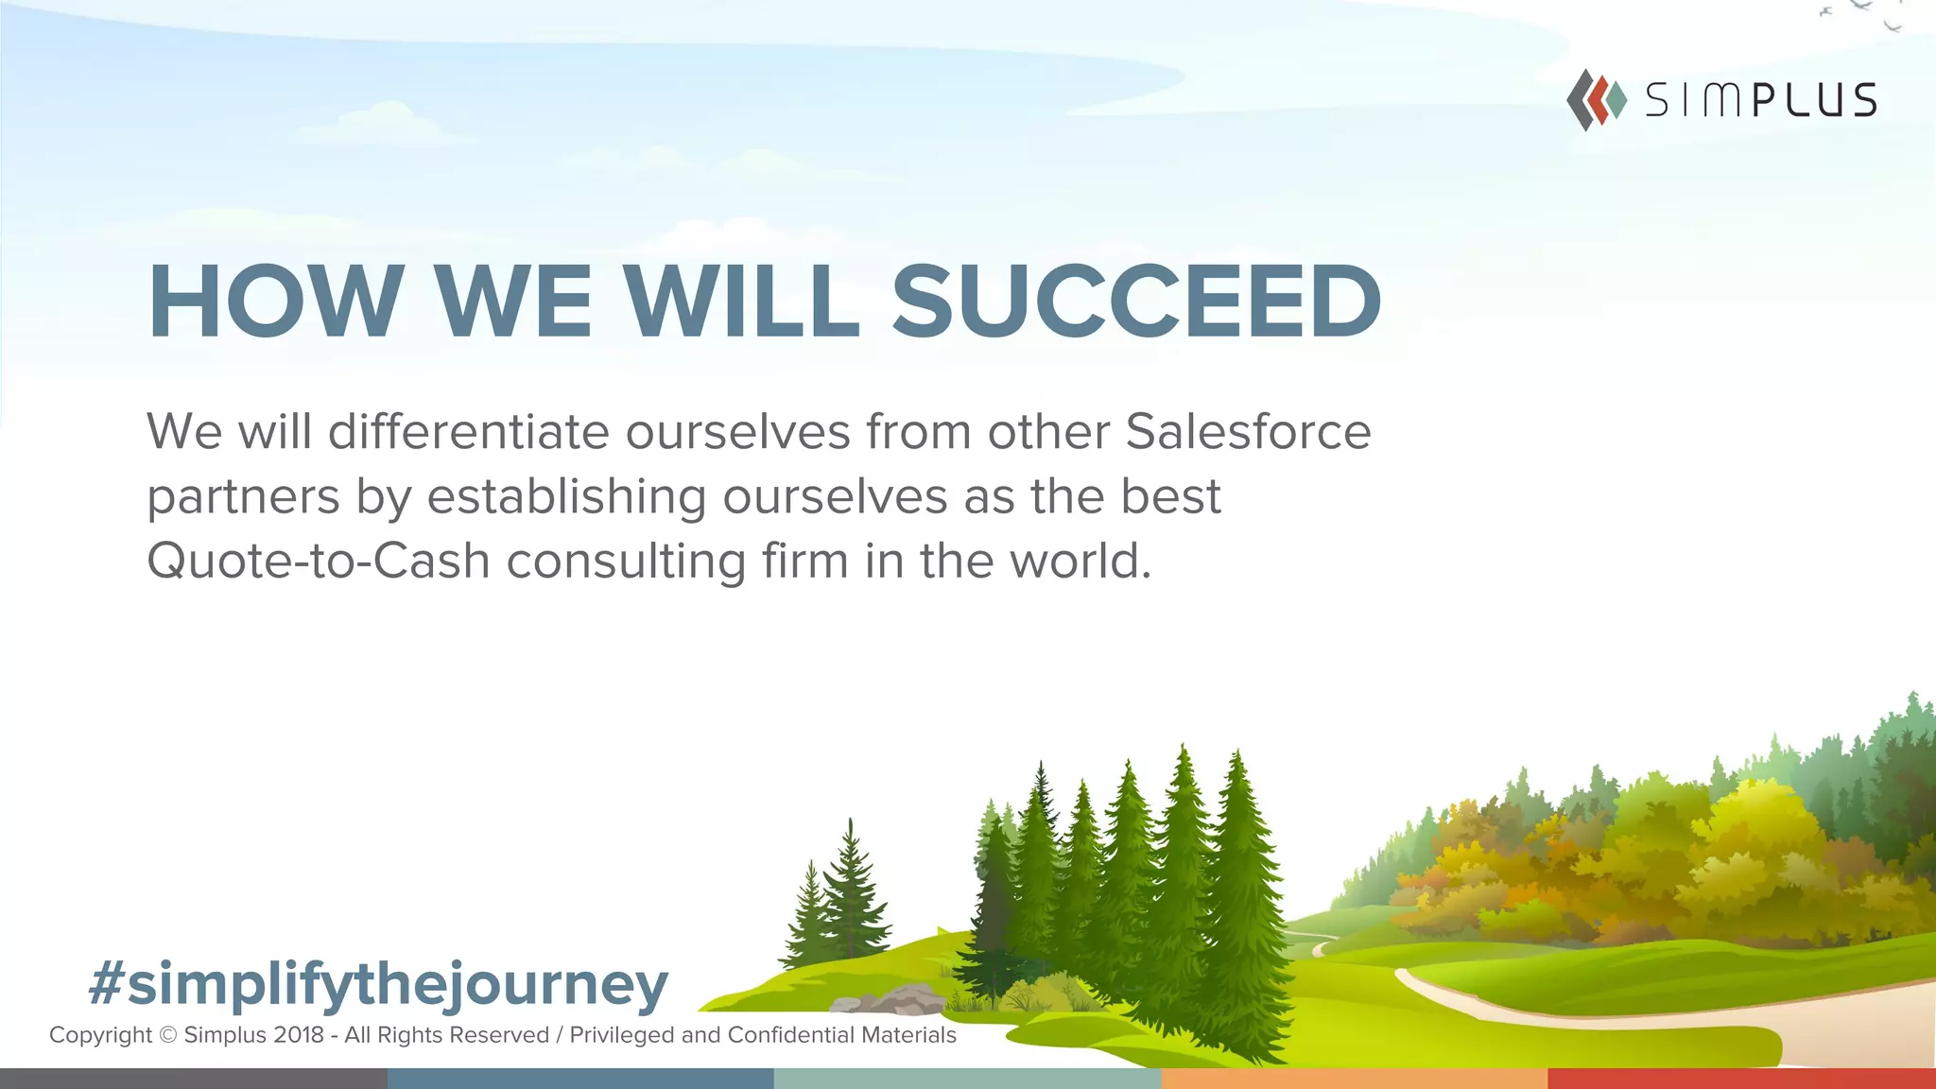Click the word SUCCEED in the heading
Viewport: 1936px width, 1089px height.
click(x=1136, y=302)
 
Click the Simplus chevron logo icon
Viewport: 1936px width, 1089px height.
click(x=1596, y=99)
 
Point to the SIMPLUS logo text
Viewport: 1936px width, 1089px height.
click(x=1760, y=100)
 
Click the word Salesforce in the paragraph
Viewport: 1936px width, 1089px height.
click(x=1248, y=432)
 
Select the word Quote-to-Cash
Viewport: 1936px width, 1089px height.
click(x=318, y=561)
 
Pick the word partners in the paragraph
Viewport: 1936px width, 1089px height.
click(x=243, y=498)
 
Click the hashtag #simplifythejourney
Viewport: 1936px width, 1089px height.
click(x=378, y=984)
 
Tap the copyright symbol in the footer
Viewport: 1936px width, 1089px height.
click(x=168, y=1035)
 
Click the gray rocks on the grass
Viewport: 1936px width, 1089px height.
click(x=889, y=1000)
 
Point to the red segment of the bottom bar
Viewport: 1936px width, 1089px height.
click(x=1741, y=1079)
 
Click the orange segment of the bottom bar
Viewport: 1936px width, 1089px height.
click(x=1354, y=1079)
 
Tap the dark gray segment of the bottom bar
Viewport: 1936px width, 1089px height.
click(x=193, y=1079)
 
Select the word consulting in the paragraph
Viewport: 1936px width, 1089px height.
click(x=626, y=561)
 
